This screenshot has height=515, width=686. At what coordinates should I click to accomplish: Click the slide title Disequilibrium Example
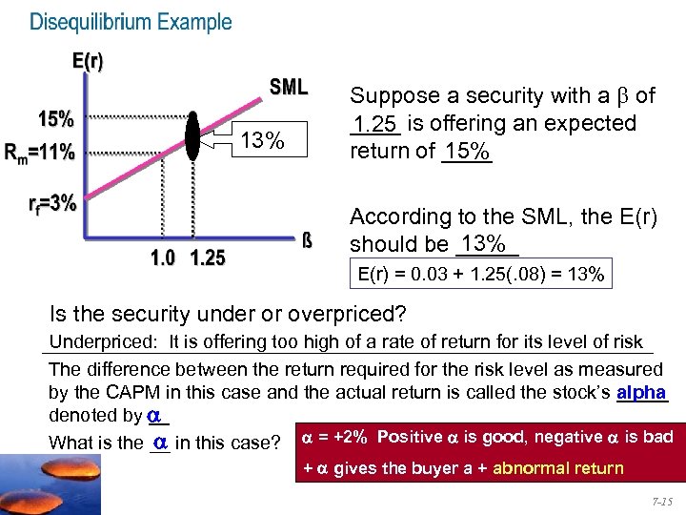131,22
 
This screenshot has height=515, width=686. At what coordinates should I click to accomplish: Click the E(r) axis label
89,62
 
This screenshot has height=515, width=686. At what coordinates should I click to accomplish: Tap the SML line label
289,88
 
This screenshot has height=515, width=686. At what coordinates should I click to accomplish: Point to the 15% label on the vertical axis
56,120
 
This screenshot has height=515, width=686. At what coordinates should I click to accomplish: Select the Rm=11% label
40,151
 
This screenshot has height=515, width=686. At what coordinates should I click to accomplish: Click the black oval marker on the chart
192,134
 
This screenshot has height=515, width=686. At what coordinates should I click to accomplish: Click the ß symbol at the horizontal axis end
306,238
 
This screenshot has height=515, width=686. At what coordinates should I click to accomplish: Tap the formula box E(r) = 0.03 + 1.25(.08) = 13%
480,276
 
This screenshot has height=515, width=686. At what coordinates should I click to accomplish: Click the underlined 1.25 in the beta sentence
373,124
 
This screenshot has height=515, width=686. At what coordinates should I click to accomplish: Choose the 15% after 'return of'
467,151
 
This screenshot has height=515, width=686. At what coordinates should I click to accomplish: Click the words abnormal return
572,468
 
